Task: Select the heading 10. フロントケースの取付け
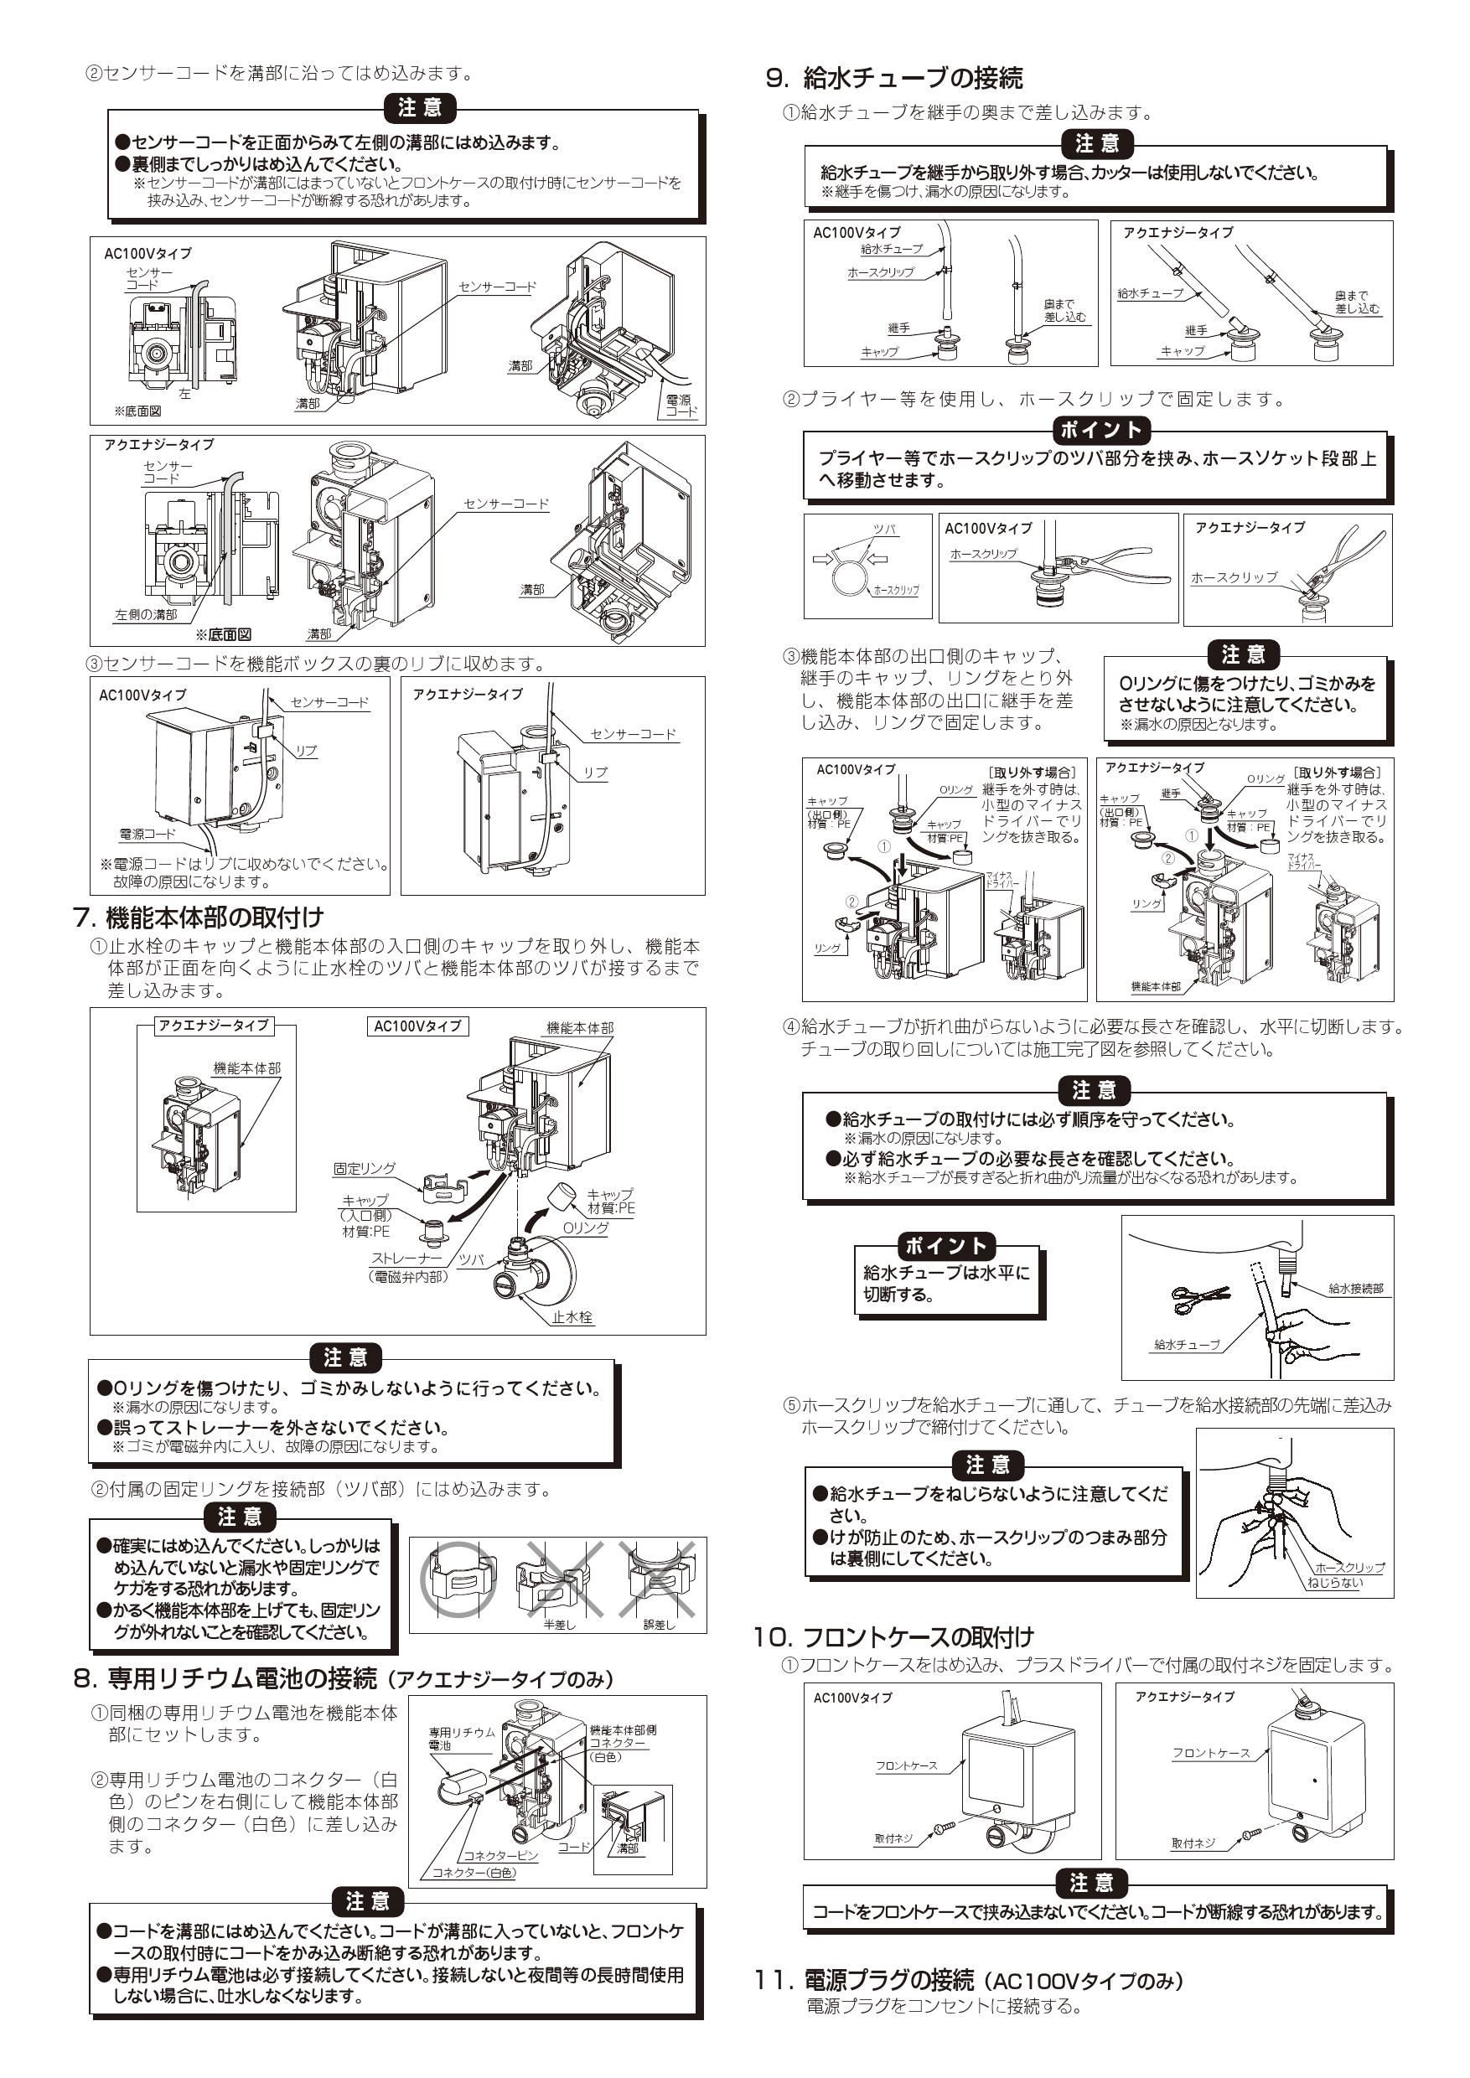(893, 1637)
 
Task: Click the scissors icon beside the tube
(1201, 1298)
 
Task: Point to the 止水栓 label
(573, 1318)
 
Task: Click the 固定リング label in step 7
(364, 1170)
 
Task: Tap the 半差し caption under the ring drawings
(558, 1625)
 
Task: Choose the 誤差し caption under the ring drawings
(659, 1625)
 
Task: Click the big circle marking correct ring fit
(457, 1579)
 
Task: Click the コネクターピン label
(499, 1855)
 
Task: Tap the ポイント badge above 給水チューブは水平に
(946, 1245)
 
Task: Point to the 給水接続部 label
(1355, 1288)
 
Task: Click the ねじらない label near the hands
(1334, 1583)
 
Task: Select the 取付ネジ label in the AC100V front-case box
(893, 1838)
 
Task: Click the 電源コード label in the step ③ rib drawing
(148, 834)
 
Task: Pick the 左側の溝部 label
(146, 614)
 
